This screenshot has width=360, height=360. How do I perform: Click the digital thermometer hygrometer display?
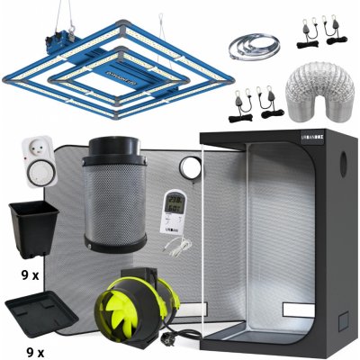(175, 207)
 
